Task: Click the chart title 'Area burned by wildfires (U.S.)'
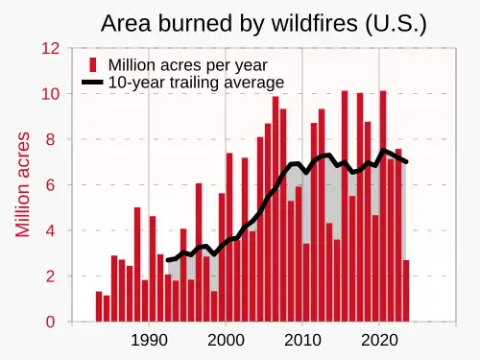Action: tap(264, 23)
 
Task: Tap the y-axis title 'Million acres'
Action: tap(22, 184)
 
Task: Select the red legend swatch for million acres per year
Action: tap(93, 65)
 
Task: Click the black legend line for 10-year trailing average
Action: tap(92, 83)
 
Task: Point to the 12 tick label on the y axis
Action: tap(51, 48)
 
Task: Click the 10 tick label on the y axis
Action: tap(51, 94)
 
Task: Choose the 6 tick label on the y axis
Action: tap(51, 185)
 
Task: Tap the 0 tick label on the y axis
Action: tap(51, 322)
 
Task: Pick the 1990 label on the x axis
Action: tap(149, 340)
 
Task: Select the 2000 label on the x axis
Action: tap(226, 340)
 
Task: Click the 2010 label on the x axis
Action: tap(302, 340)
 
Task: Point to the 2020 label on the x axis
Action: tap(379, 340)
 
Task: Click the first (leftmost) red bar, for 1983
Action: tap(99, 306)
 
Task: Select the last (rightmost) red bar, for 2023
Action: tap(406, 291)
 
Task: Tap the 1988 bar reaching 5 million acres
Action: tap(137, 264)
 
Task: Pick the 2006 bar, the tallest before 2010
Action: tap(276, 209)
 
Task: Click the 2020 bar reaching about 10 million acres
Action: tap(383, 206)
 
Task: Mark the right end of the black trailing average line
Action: tap(406, 162)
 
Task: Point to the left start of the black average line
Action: tap(168, 260)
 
